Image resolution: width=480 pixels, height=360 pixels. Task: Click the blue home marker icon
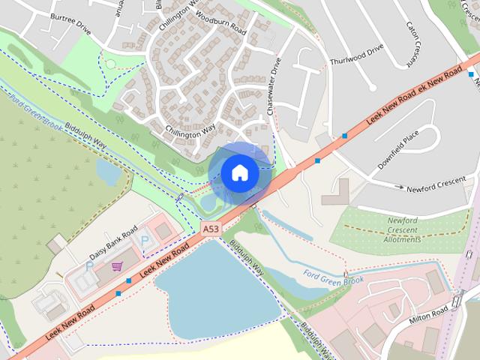(240, 173)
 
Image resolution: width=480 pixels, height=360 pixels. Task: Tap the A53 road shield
(211, 228)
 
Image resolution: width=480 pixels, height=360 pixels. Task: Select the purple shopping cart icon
(117, 265)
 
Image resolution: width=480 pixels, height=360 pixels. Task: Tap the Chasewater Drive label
(273, 86)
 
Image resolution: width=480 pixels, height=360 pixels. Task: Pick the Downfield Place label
(398, 152)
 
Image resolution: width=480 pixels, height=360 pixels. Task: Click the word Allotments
(402, 240)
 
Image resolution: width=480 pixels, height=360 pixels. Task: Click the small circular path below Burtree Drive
(110, 64)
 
